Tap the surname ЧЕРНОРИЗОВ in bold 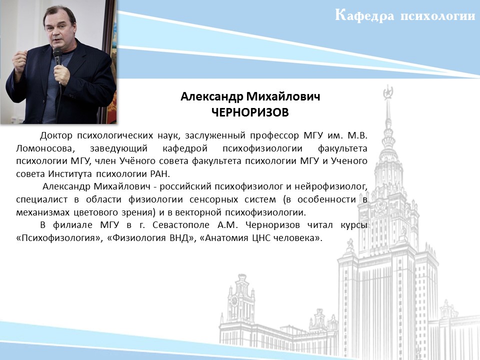click(250, 112)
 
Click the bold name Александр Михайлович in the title click(250, 96)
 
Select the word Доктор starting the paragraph click(56, 135)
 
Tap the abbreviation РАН click(160, 174)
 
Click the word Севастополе click(181, 225)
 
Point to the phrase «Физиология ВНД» click(151, 238)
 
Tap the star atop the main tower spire click(388, 91)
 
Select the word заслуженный click(215, 135)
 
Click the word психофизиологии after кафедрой click(262, 148)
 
